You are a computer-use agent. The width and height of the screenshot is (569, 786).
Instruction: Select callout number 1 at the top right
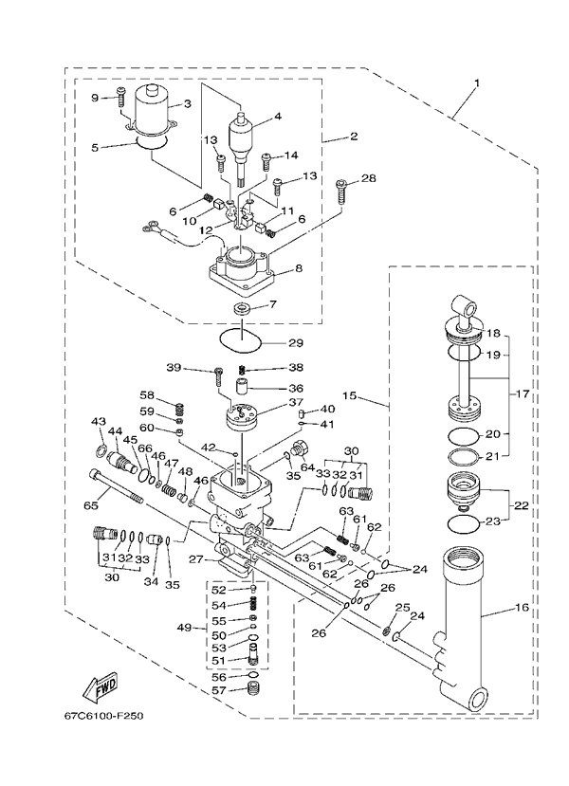tap(477, 82)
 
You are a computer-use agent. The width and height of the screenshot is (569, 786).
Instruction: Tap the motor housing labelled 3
tap(150, 111)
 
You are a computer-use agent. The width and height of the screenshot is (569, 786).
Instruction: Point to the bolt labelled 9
tap(121, 98)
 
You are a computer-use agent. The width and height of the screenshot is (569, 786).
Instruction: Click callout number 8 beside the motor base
tap(299, 268)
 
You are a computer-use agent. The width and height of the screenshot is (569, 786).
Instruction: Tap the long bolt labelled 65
tap(117, 486)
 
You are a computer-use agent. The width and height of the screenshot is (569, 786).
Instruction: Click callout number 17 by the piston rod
tap(523, 394)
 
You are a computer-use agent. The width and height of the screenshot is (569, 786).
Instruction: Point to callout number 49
tap(185, 627)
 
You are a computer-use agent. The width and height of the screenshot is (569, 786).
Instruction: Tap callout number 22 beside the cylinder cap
tap(522, 505)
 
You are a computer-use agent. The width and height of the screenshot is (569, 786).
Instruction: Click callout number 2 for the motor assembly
tap(354, 136)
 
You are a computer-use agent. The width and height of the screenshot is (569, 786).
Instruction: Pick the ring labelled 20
tap(463, 435)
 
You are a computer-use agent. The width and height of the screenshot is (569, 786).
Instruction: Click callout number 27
tap(196, 558)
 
